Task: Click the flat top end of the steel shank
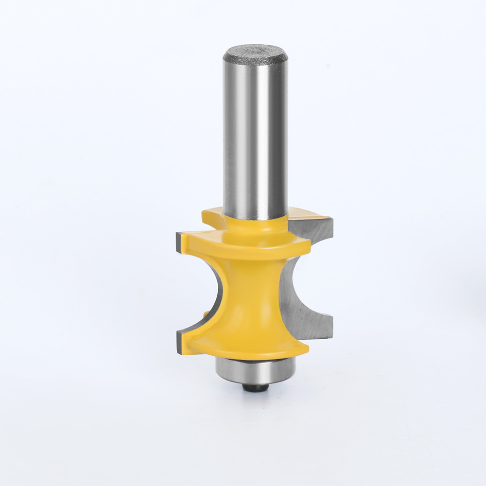255,52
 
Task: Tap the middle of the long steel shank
255,136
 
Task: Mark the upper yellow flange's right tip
308,248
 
